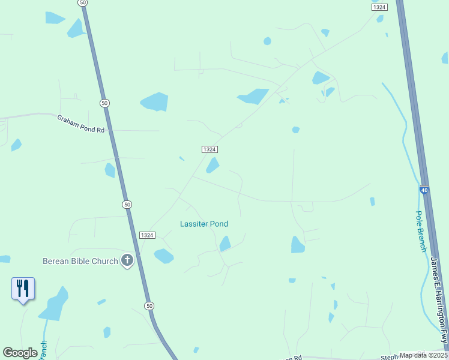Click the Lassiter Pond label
[x=204, y=224]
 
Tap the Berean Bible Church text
[x=80, y=261]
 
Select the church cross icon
[x=127, y=260]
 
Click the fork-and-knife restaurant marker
[x=23, y=289]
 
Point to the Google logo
[x=20, y=353]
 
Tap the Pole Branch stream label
[x=421, y=231]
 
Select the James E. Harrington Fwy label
[x=439, y=301]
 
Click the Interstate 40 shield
[x=424, y=191]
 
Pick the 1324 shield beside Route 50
[x=147, y=235]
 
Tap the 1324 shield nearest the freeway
[x=379, y=7]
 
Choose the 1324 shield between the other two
[x=209, y=149]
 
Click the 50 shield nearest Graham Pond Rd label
[x=105, y=103]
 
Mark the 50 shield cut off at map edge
[x=83, y=3]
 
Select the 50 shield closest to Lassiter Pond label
[x=127, y=205]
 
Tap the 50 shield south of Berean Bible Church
[x=149, y=306]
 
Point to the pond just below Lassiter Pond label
[x=225, y=244]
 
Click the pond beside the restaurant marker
[x=53, y=305]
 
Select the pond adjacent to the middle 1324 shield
[x=213, y=165]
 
